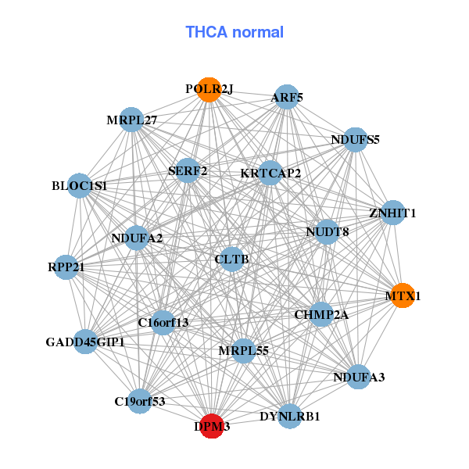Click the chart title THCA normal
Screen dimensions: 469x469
pos(234,32)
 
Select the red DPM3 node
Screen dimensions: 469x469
pos(212,427)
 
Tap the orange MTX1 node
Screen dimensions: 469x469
pos(402,296)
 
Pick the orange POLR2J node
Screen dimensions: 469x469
pos(209,89)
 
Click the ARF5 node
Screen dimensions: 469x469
pos(287,97)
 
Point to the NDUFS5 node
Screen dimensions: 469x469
pos(355,140)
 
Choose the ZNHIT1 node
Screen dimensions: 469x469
pos(392,213)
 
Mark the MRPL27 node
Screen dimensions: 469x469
pos(132,120)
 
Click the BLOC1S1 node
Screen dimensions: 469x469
pos(79,186)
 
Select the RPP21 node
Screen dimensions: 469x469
pos(66,267)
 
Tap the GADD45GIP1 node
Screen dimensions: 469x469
pos(85,342)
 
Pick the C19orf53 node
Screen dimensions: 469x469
pos(140,402)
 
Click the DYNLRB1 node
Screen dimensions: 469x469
pos(290,416)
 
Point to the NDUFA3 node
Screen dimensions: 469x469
pos(358,377)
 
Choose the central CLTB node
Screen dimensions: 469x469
pos(231,258)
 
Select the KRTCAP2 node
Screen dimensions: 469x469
pos(270,173)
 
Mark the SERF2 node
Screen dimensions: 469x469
pos(188,170)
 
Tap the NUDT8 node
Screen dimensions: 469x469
pos(327,231)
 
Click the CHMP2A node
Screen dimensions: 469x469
pos(321,314)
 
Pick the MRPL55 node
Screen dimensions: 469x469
pos(243,351)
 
